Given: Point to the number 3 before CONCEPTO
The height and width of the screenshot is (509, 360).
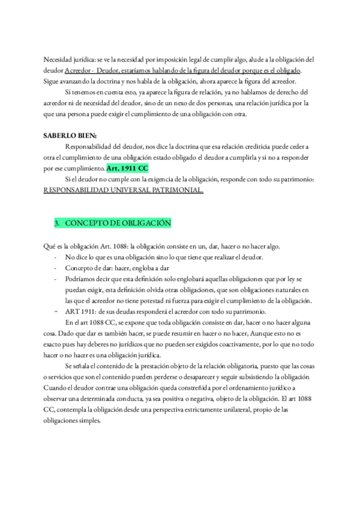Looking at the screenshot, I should click(x=56, y=223).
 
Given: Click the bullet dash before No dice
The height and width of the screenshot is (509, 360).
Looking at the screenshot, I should click(x=56, y=258).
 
